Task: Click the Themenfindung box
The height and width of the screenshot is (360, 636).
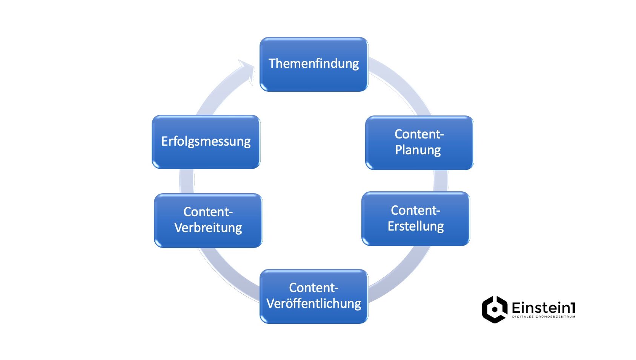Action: pyautogui.click(x=313, y=64)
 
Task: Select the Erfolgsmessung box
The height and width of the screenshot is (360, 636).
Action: pyautogui.click(x=206, y=142)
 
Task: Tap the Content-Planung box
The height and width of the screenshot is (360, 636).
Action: pyautogui.click(x=419, y=143)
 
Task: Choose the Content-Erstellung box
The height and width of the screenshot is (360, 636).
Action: pyautogui.click(x=415, y=218)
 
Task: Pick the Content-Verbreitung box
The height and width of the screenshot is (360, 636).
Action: pyautogui.click(x=208, y=220)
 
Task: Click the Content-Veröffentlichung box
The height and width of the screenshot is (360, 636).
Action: pyautogui.click(x=313, y=296)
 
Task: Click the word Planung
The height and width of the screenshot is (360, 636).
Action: pyautogui.click(x=418, y=150)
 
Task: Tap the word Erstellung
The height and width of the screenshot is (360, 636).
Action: pyautogui.click(x=415, y=226)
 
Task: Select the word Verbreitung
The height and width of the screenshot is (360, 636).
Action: pyautogui.click(x=208, y=228)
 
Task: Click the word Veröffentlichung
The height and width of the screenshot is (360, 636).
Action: pyautogui.click(x=313, y=304)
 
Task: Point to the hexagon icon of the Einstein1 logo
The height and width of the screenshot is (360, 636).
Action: pyautogui.click(x=495, y=309)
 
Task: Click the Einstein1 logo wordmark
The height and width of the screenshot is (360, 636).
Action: pyautogui.click(x=543, y=308)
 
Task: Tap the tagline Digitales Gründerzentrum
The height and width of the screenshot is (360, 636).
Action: pyautogui.click(x=543, y=317)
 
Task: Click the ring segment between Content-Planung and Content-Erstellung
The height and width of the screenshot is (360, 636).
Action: pyautogui.click(x=440, y=181)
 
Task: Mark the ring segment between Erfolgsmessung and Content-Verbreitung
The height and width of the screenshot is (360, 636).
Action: pyautogui.click(x=187, y=181)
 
